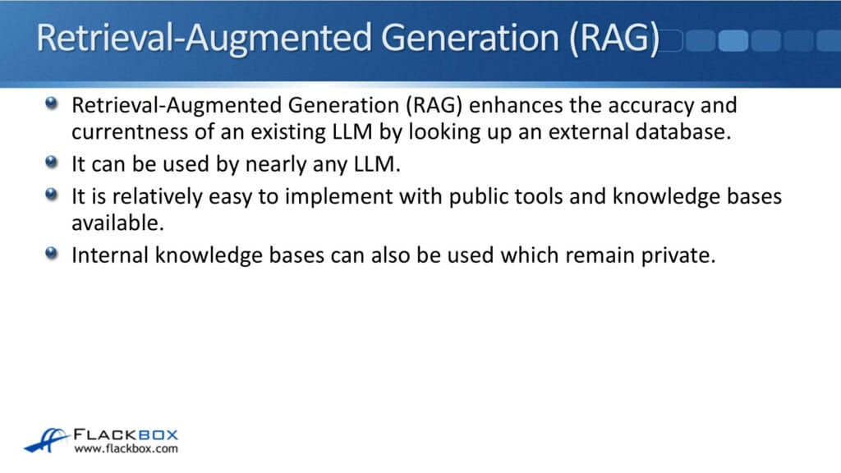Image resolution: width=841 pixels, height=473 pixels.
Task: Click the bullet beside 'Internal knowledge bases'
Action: [x=53, y=254]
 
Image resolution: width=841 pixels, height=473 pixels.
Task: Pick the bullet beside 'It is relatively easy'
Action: [x=53, y=195]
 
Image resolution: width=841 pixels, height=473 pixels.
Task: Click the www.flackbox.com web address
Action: [x=126, y=449]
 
